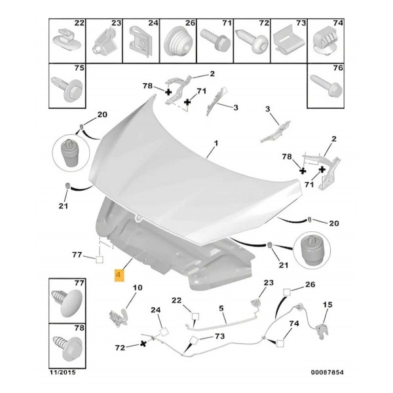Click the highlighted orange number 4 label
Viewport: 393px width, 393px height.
pos(119,275)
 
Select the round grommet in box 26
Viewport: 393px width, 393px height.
pos(178,42)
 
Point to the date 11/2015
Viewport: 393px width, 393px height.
pos(63,372)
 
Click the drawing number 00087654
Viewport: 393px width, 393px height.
pos(327,372)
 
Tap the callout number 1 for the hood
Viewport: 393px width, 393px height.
pos(215,143)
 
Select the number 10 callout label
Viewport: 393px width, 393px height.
pos(138,288)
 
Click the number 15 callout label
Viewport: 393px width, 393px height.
pos(327,305)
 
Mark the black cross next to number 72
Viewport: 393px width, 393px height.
pos(143,344)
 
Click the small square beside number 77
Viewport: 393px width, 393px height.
pos(100,259)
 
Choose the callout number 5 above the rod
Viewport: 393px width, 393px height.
pos(221,309)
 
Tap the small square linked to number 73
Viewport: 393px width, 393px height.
pos(195,340)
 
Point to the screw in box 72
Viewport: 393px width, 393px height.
pos(252,42)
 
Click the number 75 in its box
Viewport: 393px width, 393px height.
pos(79,68)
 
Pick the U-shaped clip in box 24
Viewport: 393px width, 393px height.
pos(141,42)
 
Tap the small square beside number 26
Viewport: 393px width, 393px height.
pos(287,292)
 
